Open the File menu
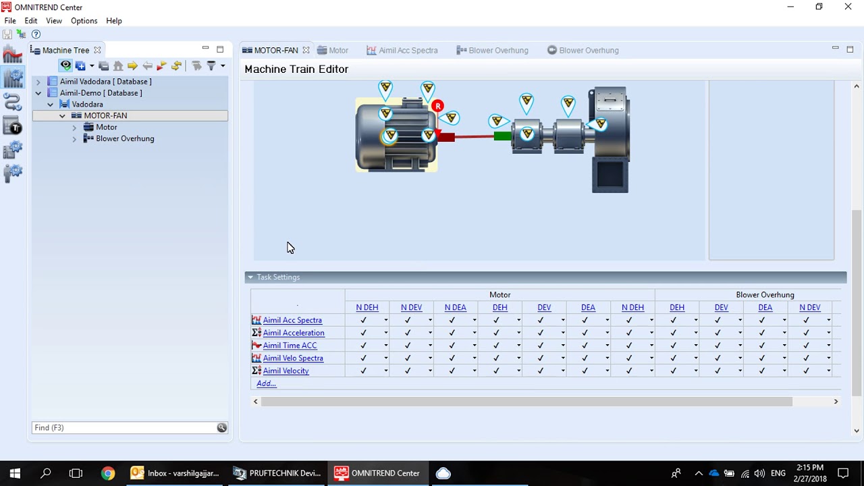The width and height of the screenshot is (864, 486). coord(10,21)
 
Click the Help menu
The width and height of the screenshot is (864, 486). coord(114,21)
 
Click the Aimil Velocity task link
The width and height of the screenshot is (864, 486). coord(286,371)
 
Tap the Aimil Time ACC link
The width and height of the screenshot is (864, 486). coord(290,345)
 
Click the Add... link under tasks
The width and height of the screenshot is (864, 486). coord(266,383)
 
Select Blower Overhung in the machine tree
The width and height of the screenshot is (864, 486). coord(125,138)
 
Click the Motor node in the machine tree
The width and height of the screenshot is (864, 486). coord(107,127)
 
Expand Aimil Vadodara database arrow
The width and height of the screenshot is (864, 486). coord(38,82)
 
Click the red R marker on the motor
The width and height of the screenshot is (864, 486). coord(437,106)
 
